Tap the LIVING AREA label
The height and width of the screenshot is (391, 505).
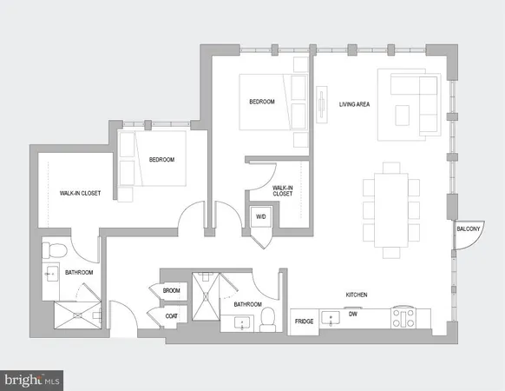[x=356, y=104]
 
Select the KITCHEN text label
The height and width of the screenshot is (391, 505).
[x=357, y=295]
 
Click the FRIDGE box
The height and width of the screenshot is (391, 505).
[x=304, y=321]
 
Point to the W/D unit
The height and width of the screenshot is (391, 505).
[x=260, y=216]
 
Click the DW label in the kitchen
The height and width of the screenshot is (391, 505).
[x=353, y=316]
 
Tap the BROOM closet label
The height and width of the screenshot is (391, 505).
[x=171, y=291]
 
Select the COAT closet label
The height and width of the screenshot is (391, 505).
[x=171, y=316]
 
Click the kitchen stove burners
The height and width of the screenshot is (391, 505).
[x=403, y=317]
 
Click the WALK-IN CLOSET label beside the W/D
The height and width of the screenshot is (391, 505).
[x=283, y=190]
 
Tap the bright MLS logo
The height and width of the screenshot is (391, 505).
[x=33, y=380]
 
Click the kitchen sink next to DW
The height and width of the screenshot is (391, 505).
[x=331, y=319]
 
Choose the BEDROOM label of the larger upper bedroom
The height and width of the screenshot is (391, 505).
[x=262, y=102]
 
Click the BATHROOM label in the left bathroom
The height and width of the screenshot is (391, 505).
[x=78, y=273]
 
